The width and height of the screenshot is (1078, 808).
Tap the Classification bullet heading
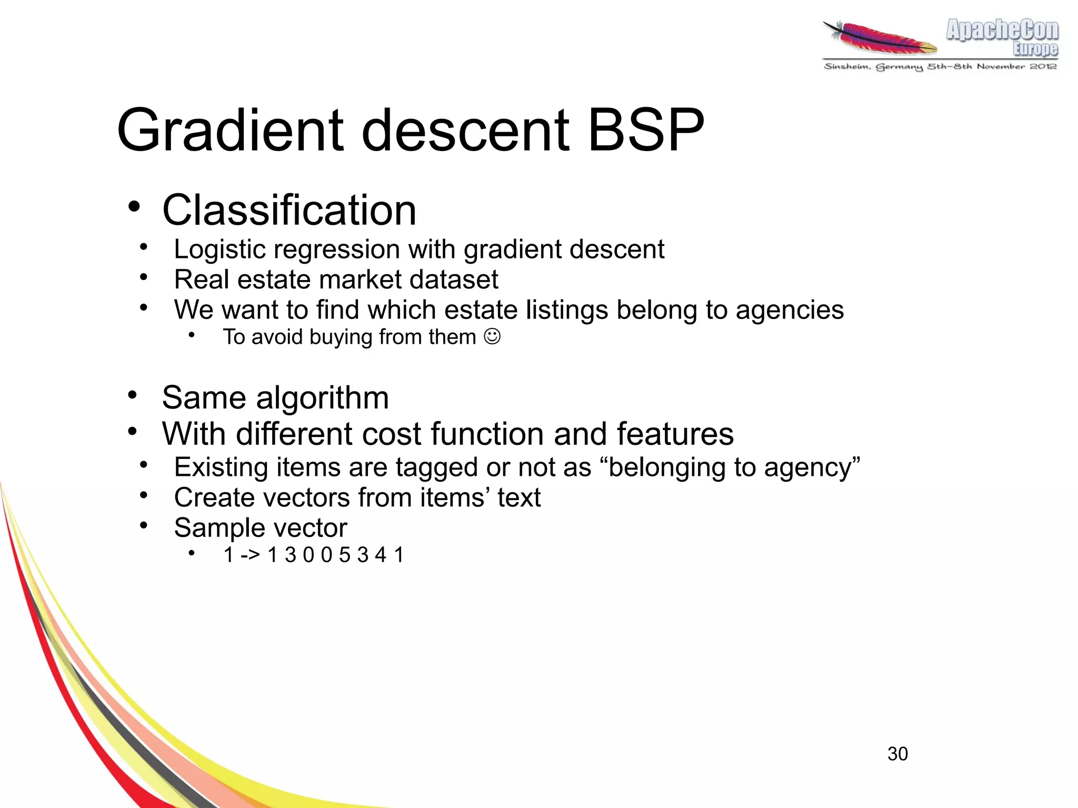point(289,210)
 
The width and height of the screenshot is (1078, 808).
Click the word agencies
point(790,310)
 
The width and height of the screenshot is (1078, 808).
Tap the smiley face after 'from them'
point(492,336)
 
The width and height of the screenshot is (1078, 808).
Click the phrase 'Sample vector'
point(261,528)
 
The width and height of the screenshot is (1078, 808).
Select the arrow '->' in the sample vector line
point(250,555)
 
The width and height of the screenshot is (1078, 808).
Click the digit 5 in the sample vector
point(344,555)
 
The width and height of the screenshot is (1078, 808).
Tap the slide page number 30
point(897,754)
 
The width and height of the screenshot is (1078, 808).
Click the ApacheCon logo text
point(1002,30)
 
